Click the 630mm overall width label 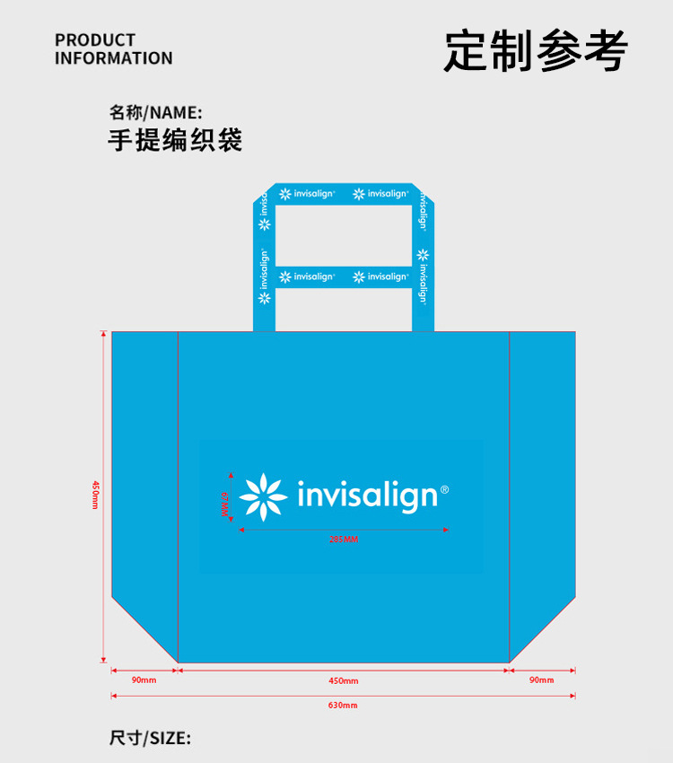tap(343, 706)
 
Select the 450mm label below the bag tap(343, 680)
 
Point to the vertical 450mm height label tap(94, 496)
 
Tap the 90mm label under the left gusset tap(144, 680)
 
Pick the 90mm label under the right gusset tap(541, 680)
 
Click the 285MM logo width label tap(343, 539)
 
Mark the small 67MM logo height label tap(225, 504)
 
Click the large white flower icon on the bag tap(263, 496)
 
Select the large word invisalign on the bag tap(367, 496)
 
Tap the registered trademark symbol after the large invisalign tap(445, 490)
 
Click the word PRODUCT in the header tap(95, 40)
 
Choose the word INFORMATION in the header tap(113, 58)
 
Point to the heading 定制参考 tap(536, 50)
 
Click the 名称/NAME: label tap(155, 113)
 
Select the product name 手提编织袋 tap(175, 141)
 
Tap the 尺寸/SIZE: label tap(150, 738)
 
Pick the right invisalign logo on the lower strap tap(380, 276)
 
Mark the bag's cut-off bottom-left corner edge tap(144, 629)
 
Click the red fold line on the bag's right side tap(510, 494)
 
